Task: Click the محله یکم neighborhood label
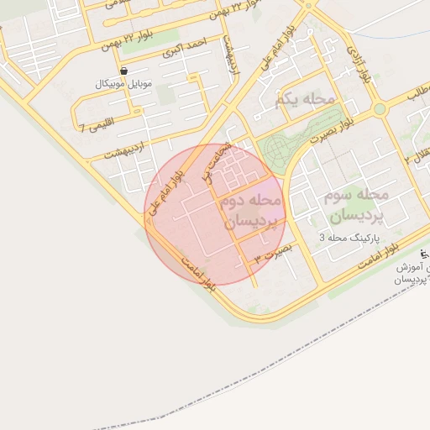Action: coord(305,100)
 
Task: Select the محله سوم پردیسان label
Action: coord(354,205)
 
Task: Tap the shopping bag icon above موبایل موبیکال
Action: coord(124,71)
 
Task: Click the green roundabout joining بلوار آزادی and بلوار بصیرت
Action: coord(380,109)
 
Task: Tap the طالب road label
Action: coord(417,94)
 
